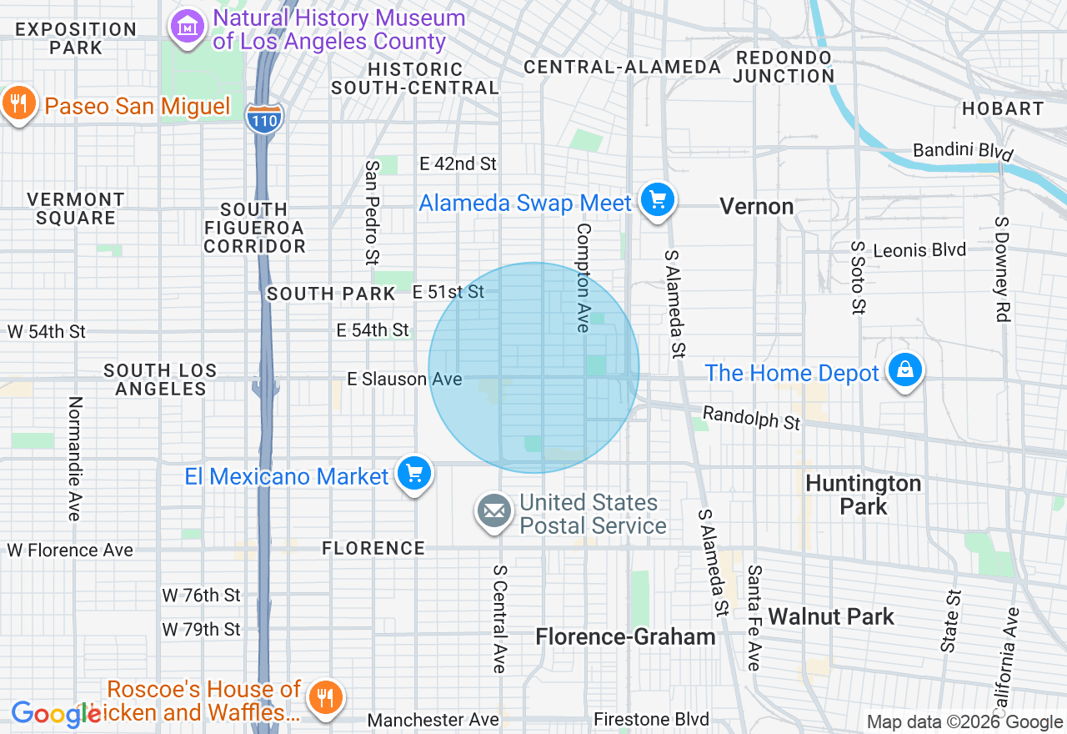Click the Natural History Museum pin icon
[x=188, y=28]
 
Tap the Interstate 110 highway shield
[x=264, y=118]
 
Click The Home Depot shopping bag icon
[x=904, y=370]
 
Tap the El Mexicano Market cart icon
[x=414, y=474]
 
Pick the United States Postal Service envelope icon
[x=494, y=511]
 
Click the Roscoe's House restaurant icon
[x=322, y=697]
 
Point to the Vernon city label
[x=756, y=206]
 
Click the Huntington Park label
[x=863, y=495]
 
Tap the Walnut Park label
[x=830, y=617]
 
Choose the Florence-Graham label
[x=625, y=637]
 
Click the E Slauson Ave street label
[x=404, y=380]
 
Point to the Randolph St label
[x=751, y=418]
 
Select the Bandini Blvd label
[x=963, y=151]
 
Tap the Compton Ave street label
[x=583, y=277]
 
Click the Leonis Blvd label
[x=919, y=250]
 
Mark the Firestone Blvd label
[x=651, y=719]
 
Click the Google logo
[x=55, y=714]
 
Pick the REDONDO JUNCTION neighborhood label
[x=784, y=67]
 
